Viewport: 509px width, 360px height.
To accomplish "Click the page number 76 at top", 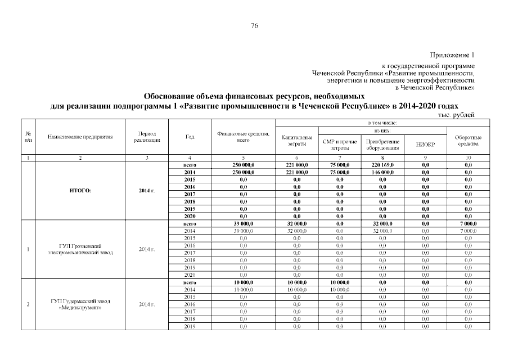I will pyautogui.click(x=254, y=26).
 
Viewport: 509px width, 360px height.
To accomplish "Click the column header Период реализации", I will pyautogui.click(x=146, y=137).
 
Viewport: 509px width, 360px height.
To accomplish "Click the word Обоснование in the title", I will pyautogui.click(x=170, y=96).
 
